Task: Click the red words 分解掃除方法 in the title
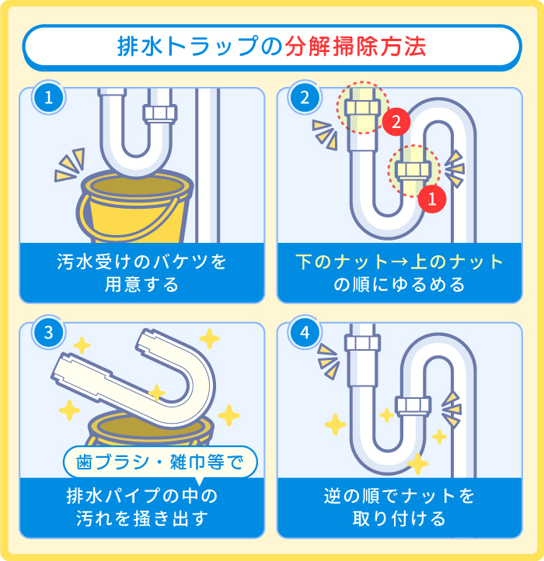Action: (357, 47)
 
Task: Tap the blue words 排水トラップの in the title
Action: (198, 47)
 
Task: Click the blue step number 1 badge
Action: (48, 99)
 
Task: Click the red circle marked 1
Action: (431, 199)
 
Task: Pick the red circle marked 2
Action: (395, 122)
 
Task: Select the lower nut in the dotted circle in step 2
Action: (413, 168)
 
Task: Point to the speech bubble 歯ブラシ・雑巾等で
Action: (159, 462)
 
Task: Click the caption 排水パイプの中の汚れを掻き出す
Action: (141, 507)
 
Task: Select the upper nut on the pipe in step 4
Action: (361, 342)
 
